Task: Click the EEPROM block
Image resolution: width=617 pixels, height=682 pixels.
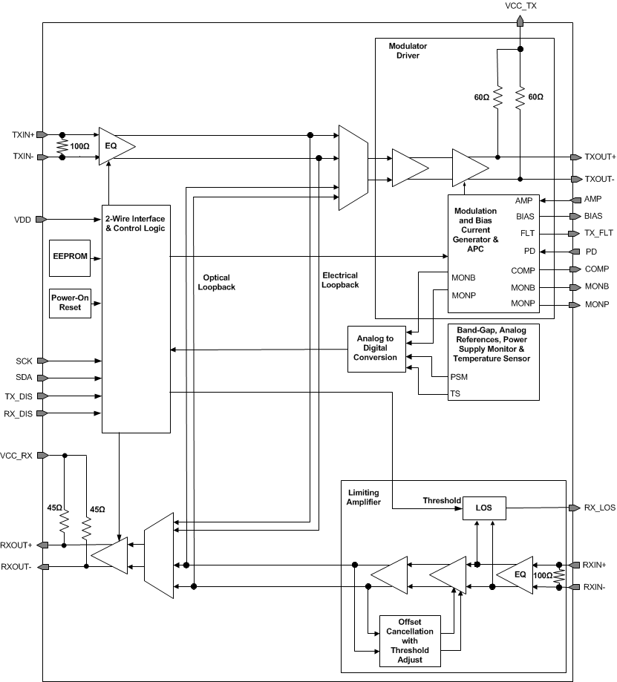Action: click(x=69, y=255)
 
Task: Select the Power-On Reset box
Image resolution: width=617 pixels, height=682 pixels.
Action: click(x=71, y=303)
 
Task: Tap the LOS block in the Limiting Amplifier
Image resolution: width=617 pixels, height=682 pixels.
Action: click(x=484, y=508)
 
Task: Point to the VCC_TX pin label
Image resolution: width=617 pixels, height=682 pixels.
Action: click(x=520, y=6)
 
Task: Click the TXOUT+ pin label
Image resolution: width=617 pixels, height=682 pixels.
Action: click(x=599, y=157)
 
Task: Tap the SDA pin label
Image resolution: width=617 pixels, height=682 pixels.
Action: click(x=24, y=378)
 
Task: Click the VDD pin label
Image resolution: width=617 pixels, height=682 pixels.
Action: click(x=23, y=220)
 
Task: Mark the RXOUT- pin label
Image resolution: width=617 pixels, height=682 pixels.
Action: click(x=18, y=567)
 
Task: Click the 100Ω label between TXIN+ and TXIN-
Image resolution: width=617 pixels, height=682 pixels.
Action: click(x=79, y=146)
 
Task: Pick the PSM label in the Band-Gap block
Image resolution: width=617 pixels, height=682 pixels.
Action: click(x=459, y=376)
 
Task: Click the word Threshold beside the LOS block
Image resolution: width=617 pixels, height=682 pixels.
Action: click(x=442, y=500)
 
